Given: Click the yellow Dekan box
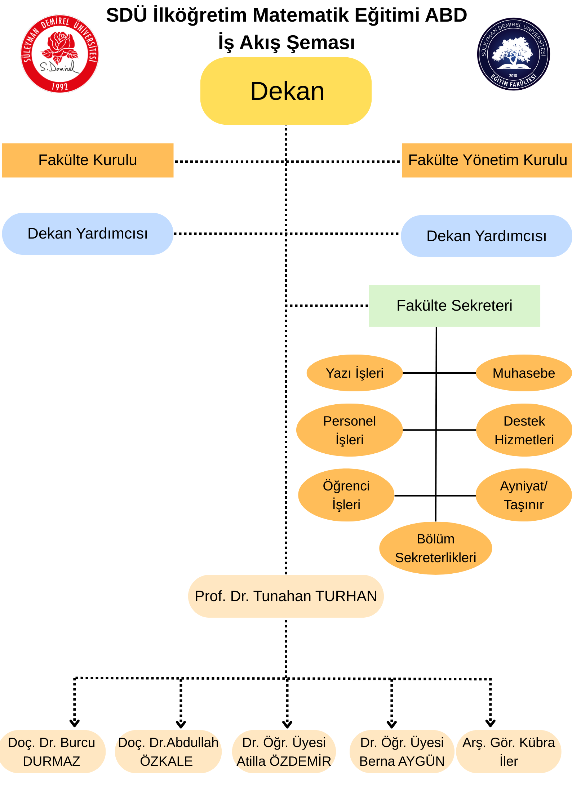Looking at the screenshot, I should [286, 91].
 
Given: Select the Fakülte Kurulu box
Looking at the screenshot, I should [88, 160].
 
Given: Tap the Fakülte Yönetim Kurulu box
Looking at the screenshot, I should [487, 160].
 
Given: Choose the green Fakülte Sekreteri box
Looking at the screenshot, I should [454, 306].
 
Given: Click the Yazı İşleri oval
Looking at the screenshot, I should [354, 373].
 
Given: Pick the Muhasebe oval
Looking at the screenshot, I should [524, 373].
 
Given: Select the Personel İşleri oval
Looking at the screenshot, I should [349, 430].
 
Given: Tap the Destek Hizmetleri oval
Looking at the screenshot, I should [524, 430].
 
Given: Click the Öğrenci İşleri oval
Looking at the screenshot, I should [346, 495].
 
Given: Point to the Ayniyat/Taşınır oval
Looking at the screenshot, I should [524, 495].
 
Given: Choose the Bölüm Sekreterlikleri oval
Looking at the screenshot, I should [435, 548].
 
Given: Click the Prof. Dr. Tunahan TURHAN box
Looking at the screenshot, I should [286, 596].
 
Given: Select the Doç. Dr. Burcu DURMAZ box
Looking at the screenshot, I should [52, 751].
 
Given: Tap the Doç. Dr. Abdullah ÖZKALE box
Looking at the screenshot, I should [168, 751].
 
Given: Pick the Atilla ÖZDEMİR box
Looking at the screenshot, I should [284, 751].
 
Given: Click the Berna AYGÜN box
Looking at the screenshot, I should [402, 751].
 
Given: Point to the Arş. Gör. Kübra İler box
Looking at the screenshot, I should [509, 751].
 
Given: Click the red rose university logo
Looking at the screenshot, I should [60, 54].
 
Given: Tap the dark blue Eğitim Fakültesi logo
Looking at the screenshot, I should [513, 54].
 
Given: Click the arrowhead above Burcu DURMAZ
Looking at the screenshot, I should [75, 723].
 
